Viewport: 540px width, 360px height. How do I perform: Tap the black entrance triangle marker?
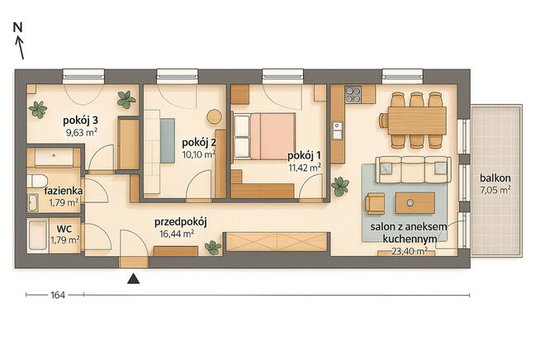(132, 278)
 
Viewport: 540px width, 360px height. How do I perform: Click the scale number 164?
(57, 295)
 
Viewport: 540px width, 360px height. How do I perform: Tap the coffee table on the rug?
(414, 202)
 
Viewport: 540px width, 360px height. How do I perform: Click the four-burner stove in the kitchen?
(353, 94)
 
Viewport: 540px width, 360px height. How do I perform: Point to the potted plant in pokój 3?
(126, 100)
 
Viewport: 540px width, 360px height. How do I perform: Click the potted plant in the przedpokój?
(213, 246)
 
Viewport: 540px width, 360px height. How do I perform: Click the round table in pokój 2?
(214, 116)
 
